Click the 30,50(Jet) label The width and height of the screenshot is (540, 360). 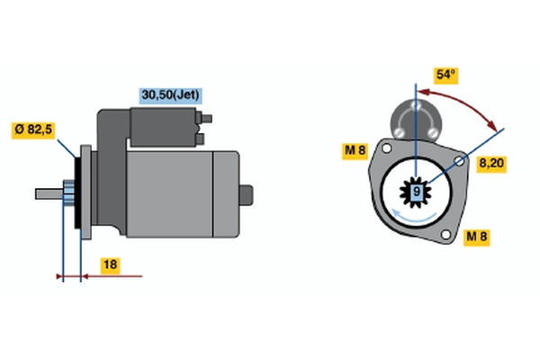(x=170, y=95)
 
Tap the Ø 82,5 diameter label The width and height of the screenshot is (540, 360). (x=33, y=130)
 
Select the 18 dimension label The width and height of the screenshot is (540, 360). (x=110, y=265)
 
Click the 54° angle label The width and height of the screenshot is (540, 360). (x=445, y=75)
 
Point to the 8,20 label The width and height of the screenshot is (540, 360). (x=491, y=163)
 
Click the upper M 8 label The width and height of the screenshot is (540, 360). (x=355, y=151)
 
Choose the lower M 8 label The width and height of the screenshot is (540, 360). (x=477, y=237)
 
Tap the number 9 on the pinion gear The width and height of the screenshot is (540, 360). (x=417, y=191)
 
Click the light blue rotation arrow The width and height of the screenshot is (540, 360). (x=414, y=216)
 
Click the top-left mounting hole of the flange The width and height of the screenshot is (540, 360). (x=387, y=148)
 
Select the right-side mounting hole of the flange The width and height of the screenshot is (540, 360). (x=459, y=161)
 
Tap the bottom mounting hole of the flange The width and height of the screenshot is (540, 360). (x=445, y=235)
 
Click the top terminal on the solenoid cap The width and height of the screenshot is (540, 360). (x=416, y=105)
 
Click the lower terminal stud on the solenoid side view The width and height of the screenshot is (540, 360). (x=200, y=139)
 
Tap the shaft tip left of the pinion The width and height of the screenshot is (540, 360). (x=49, y=194)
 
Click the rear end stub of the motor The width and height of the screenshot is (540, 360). (x=246, y=195)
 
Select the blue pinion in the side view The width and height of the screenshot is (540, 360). (x=69, y=194)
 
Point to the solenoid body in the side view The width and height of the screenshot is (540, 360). (x=163, y=127)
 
